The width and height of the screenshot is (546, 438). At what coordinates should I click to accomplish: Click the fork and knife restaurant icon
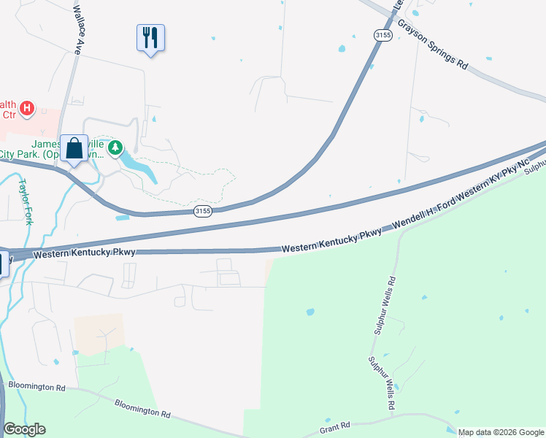click(x=150, y=37)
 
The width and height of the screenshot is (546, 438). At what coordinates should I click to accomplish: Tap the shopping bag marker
click(x=74, y=148)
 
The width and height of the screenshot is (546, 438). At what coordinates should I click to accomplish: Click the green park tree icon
click(x=115, y=149)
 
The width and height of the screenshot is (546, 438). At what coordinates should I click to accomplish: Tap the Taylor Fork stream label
click(x=26, y=201)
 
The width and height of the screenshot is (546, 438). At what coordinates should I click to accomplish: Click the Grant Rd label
click(x=335, y=427)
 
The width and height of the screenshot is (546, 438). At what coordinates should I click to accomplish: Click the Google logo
click(x=24, y=429)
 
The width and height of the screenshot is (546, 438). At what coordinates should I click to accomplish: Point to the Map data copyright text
click(x=501, y=432)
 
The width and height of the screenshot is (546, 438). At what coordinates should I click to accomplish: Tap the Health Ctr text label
click(x=9, y=109)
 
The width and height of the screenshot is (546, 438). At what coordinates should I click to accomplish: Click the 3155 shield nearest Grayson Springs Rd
click(x=382, y=34)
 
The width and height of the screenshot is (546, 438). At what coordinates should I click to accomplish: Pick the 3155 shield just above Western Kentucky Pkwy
click(x=203, y=211)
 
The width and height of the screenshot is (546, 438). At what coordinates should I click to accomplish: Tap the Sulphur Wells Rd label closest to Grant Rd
click(x=382, y=383)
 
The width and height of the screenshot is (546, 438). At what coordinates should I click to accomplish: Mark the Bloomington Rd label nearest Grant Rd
click(x=142, y=407)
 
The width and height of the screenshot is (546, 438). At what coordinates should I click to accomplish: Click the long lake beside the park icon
click(x=139, y=167)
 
